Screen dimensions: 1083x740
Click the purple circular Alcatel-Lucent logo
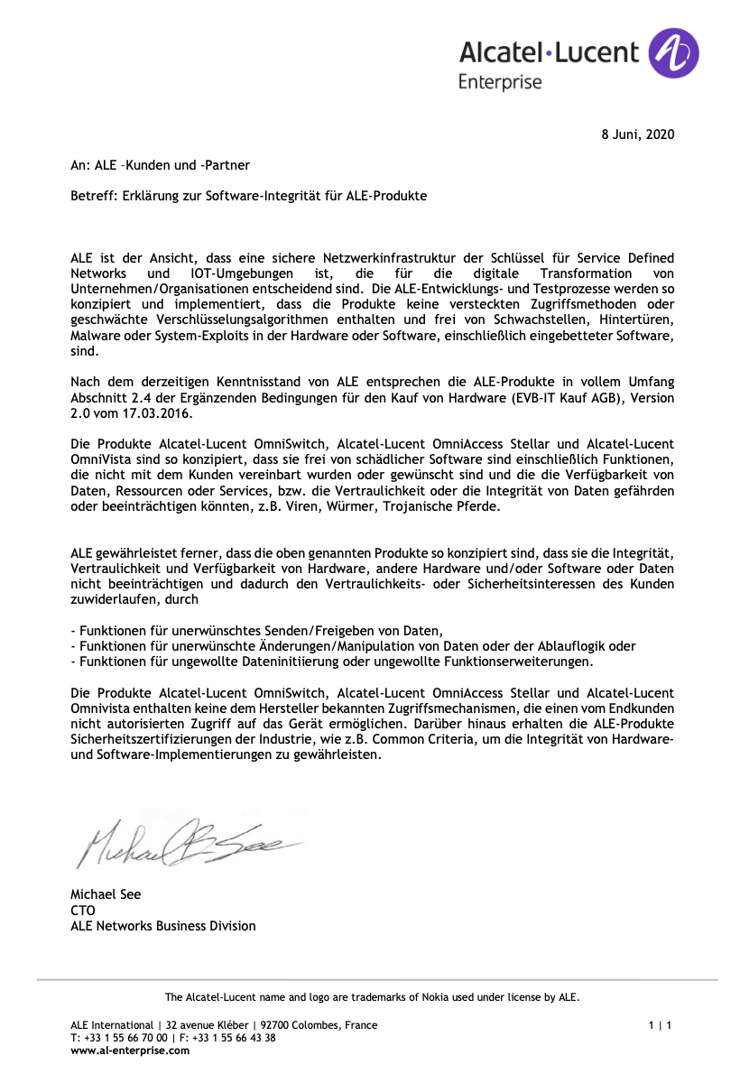[x=674, y=52]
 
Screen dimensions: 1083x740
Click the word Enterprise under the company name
[x=500, y=82]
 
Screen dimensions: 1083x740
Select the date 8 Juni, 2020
[x=637, y=134]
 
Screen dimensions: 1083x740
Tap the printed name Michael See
[x=106, y=894]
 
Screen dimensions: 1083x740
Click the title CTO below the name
[x=83, y=910]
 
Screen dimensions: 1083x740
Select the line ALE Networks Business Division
[x=163, y=926]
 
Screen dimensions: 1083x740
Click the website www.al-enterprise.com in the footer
[x=130, y=1050]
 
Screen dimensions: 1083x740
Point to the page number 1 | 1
[x=660, y=1025]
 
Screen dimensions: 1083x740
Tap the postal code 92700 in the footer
[x=277, y=1025]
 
